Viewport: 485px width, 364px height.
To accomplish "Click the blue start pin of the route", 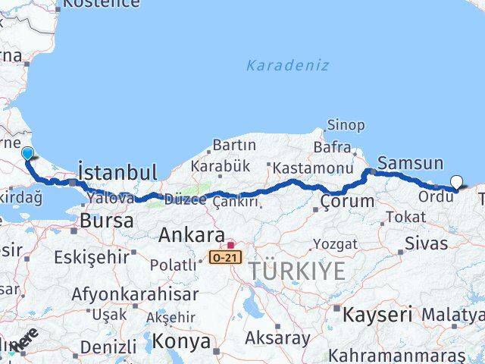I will pos(28,154).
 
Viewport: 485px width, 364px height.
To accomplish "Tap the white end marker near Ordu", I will pos(456,181).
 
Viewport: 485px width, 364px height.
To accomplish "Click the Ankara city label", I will pos(191,235).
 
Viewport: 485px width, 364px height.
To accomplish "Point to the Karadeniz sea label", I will pos(287,65).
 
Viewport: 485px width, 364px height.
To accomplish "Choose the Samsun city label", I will pos(410,162).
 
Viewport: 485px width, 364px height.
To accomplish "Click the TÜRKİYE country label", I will pos(297,271).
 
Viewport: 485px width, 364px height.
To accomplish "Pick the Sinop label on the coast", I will pos(346,125).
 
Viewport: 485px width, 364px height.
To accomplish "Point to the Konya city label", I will pos(181,341).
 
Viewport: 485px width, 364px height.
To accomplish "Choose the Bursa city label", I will pos(106,221).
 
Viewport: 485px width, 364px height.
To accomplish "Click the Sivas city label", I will pos(426,243).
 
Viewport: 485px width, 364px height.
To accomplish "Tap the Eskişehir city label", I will pos(91,256).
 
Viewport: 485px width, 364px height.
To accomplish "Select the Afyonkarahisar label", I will pos(135,293).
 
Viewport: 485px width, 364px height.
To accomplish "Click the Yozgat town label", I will pos(334,244).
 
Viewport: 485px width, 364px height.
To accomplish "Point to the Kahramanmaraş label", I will pos(405,355).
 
